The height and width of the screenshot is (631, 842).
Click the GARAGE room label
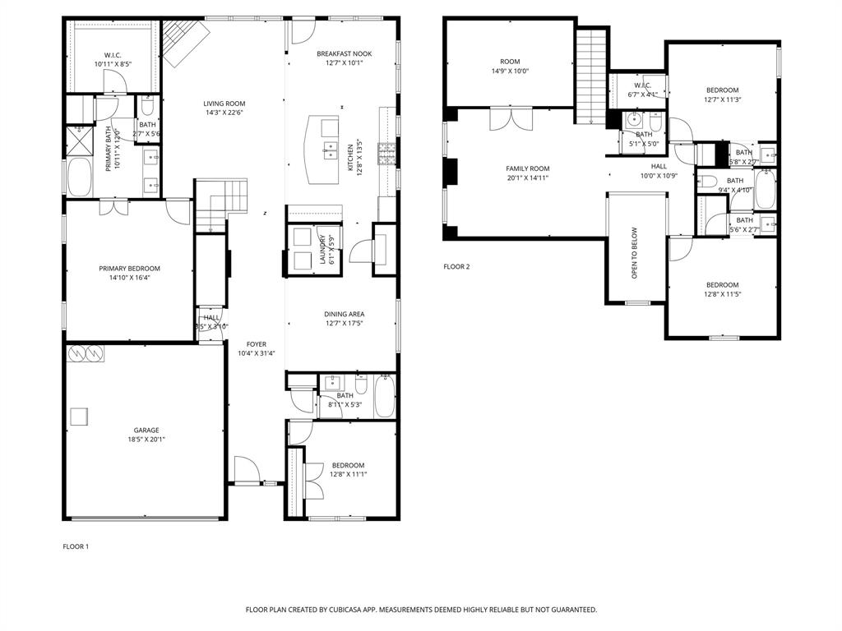click(146, 430)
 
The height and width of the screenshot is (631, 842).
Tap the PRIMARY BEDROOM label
click(129, 269)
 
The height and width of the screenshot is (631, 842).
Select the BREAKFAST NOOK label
click(344, 53)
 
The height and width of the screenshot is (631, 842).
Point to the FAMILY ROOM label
click(527, 168)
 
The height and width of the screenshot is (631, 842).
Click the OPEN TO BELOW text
click(635, 253)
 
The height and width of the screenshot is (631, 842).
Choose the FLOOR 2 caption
click(456, 266)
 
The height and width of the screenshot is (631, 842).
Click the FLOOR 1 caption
click(76, 546)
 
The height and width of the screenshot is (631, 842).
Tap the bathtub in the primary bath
click(79, 177)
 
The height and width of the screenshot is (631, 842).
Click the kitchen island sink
click(330, 150)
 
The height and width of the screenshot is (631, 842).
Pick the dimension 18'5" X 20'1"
click(146, 440)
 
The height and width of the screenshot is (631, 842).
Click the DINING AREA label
click(344, 314)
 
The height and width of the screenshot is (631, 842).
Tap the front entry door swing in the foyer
click(246, 471)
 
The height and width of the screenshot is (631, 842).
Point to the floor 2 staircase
click(590, 76)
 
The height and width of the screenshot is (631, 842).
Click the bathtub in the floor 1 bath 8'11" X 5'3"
click(384, 396)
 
